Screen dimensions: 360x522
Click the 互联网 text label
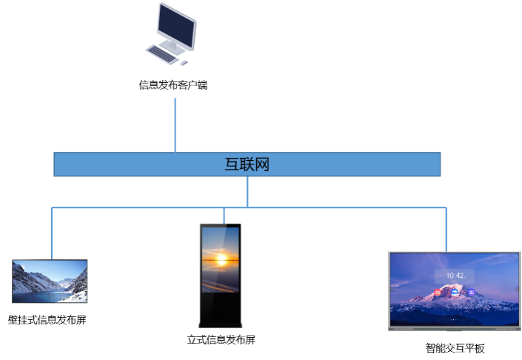click(247, 164)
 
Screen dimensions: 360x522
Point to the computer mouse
click(184, 62)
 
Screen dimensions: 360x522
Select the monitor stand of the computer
click(172, 46)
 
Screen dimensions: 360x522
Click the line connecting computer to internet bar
click(175, 125)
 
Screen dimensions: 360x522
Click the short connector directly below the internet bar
click(247, 191)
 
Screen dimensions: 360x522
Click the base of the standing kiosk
click(220, 326)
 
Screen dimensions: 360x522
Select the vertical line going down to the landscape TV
click(52, 233)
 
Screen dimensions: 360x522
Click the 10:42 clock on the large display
click(455, 276)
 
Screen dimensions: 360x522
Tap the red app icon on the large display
click(438, 292)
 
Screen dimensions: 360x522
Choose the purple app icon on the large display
click(471, 292)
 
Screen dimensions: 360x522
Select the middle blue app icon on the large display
click(454, 292)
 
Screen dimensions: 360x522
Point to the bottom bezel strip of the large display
click(454, 328)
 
